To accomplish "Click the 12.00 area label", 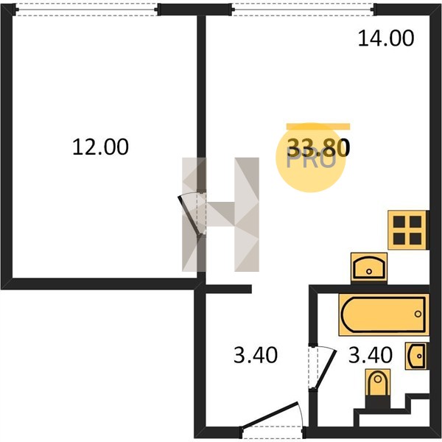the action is pos(101,147).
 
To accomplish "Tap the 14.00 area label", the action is pos(386,38).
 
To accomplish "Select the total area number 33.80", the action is pos(318,148).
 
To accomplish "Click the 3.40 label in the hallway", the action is pos(256,355).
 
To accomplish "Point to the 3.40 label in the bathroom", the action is pos(371,355).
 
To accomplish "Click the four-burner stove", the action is pos(408,230).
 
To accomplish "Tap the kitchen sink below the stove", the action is pos(369,268).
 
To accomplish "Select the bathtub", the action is pos(384,315).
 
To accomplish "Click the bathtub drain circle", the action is pos(418,314).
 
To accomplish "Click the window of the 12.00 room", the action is pos(86,10).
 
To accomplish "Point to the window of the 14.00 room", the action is pos(304,10).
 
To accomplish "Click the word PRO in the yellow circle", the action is pos(311,161).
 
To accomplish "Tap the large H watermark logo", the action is pos(220,214).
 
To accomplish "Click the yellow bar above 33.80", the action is pos(318,127).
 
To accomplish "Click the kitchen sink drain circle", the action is pos(369,272).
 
